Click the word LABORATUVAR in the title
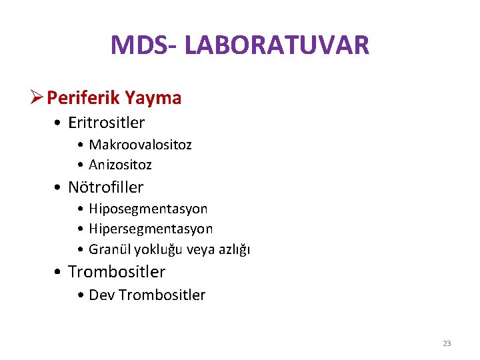(x=277, y=45)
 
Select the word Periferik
(x=83, y=99)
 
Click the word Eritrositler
(x=107, y=123)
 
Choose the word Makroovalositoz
(x=140, y=145)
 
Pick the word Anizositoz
(x=121, y=164)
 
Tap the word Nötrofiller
(x=106, y=187)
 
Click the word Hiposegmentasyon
(x=148, y=209)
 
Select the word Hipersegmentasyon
(x=151, y=229)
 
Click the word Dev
(x=101, y=295)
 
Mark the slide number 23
(x=447, y=343)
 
